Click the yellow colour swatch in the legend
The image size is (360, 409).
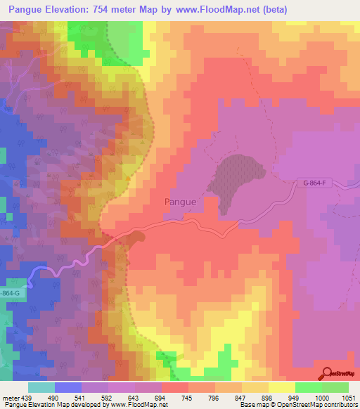(x=281, y=387)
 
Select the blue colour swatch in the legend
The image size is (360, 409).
(x=67, y=387)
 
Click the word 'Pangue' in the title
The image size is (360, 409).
(x=26, y=8)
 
